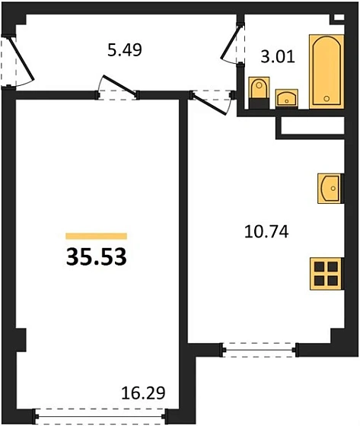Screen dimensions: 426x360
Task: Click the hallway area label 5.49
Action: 125,51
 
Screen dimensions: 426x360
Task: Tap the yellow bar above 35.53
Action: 96,236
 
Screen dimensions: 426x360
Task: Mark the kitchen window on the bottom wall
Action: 260,349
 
